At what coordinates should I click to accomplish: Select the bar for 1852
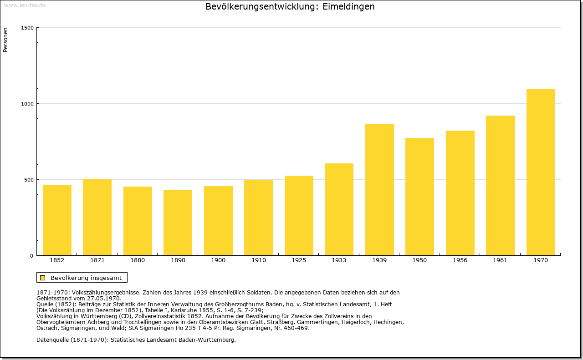(57, 220)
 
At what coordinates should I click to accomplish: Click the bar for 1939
(379, 190)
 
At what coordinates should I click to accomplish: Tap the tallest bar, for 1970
(541, 172)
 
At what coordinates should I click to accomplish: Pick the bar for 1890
(178, 223)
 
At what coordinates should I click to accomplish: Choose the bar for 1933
(339, 209)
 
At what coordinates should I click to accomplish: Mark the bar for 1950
(419, 197)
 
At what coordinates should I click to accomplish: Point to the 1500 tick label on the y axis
(27, 28)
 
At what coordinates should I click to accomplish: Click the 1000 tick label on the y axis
(27, 104)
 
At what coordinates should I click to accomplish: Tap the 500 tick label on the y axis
(29, 180)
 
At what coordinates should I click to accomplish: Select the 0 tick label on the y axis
(32, 256)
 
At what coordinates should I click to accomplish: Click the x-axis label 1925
(299, 260)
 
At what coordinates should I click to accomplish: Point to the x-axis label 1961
(500, 260)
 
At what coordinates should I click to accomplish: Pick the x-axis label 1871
(97, 260)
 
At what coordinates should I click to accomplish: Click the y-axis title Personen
(5, 40)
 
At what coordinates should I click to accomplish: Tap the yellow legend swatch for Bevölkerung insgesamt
(43, 278)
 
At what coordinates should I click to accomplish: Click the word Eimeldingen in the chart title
(348, 7)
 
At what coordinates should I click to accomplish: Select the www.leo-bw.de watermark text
(25, 5)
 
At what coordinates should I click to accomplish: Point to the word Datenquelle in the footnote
(52, 340)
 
